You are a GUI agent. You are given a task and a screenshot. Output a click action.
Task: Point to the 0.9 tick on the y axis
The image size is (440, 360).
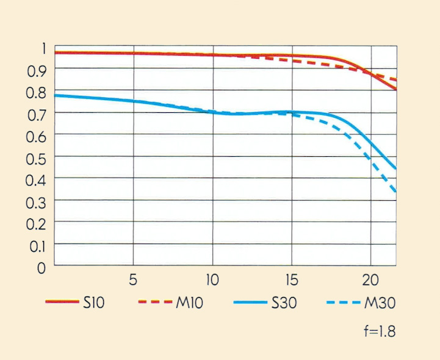click(x=37, y=71)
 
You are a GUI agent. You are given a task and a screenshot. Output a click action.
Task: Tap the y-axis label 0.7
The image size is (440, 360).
click(x=37, y=114)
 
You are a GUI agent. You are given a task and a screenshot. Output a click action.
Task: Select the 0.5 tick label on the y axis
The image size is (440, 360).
click(x=37, y=158)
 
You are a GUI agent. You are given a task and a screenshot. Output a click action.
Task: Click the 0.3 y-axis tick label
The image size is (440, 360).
click(x=37, y=202)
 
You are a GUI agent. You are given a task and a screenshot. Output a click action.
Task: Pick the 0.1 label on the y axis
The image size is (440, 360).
click(x=37, y=245)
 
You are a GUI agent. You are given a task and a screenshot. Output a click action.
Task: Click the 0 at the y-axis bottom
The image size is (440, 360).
click(x=41, y=267)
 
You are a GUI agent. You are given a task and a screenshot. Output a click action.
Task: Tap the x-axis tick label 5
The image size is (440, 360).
click(x=133, y=281)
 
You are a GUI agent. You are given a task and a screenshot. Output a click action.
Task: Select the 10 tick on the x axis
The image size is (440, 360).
click(x=212, y=281)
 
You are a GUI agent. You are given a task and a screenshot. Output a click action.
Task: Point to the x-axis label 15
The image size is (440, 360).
click(x=291, y=281)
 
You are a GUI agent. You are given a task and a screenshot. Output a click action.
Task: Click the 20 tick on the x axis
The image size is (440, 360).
click(x=370, y=281)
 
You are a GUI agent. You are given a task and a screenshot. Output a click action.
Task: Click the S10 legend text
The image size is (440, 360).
click(x=95, y=303)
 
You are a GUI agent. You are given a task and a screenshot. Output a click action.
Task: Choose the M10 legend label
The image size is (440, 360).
click(x=189, y=303)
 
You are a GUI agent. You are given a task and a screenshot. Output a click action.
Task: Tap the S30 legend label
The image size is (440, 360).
click(x=283, y=303)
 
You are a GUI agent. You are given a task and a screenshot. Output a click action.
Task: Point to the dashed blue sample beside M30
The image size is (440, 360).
click(x=344, y=302)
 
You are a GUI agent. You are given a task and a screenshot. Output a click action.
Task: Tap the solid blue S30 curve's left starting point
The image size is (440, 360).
click(x=55, y=95)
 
